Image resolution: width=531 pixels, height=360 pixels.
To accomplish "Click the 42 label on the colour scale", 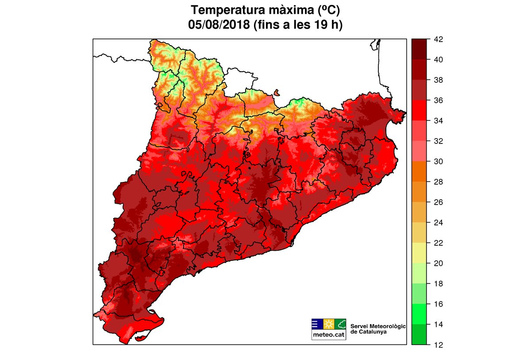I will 439,39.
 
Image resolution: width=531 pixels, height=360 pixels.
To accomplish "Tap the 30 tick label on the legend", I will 439,162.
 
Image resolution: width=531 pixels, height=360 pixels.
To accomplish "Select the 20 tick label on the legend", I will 439,263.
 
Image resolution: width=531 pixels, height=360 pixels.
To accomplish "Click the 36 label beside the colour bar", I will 439,101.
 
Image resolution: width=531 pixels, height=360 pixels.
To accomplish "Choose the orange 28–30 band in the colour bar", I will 419,172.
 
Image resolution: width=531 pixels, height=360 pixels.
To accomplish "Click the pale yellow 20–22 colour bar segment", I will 419,253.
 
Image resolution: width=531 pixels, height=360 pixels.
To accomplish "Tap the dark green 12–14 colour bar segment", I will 419,334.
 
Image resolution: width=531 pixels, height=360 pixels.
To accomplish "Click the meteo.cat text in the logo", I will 329,335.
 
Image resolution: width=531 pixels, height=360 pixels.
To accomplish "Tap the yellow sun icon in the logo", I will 329,324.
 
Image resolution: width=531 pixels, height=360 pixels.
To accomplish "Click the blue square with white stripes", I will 317,324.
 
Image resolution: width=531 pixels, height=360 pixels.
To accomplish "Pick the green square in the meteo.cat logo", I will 340,324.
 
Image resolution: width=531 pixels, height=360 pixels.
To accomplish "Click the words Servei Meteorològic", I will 378,326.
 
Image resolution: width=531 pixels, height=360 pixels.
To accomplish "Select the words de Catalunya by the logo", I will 368,331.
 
